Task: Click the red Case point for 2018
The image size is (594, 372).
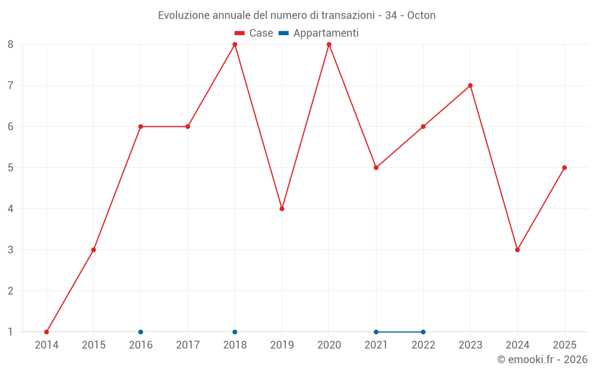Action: (235, 45)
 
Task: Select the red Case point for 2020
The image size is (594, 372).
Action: (329, 45)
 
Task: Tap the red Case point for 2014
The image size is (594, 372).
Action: (46, 332)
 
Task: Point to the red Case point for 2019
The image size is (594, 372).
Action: (282, 208)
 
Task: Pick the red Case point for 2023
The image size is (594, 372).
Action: (470, 86)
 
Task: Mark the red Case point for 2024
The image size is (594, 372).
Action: (517, 249)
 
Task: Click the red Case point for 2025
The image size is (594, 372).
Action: (564, 168)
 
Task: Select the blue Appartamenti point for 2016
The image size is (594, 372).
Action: (141, 332)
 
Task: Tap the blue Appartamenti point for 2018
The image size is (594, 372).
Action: (235, 332)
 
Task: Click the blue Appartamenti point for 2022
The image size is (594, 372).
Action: (423, 332)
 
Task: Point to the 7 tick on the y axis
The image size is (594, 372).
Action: (11, 86)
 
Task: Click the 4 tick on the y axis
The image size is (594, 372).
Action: (11, 208)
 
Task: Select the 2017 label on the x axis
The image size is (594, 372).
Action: (188, 345)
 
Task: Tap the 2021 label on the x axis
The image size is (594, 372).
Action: (376, 345)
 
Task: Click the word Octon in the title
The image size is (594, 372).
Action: (421, 15)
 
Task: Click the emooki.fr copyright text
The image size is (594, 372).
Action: (542, 360)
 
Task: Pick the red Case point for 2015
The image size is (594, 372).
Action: (93, 249)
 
